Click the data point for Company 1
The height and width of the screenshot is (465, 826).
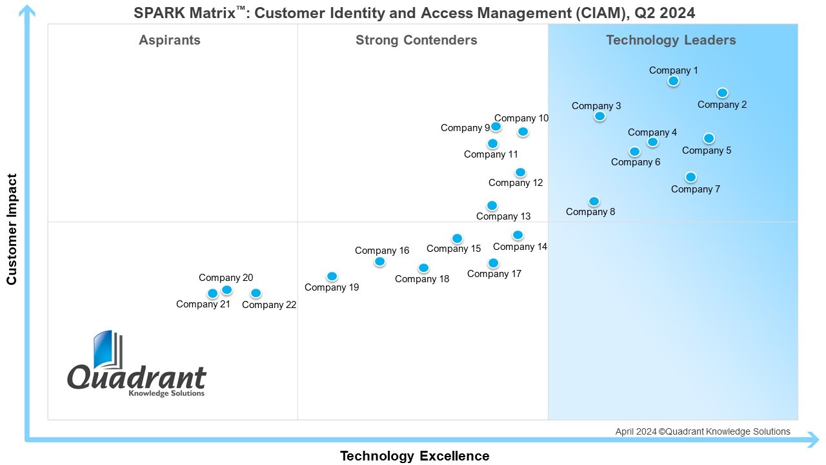[673, 81]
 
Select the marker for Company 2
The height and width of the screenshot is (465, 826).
[722, 93]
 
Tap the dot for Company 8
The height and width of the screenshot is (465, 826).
[594, 201]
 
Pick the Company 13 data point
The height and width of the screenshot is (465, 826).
[492, 205]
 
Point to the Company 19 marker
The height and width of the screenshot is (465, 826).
[332, 276]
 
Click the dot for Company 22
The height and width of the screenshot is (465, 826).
[256, 293]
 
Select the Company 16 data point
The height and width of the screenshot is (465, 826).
[379, 262]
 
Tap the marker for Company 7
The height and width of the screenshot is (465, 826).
[690, 177]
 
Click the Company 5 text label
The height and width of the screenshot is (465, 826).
[707, 150]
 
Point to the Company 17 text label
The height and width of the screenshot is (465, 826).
[494, 274]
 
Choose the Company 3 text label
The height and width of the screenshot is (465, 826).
[596, 106]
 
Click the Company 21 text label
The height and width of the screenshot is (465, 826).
[203, 304]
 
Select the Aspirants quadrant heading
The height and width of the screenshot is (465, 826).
[170, 40]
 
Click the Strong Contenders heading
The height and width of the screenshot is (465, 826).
[416, 40]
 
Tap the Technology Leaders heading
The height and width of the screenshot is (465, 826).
[670, 40]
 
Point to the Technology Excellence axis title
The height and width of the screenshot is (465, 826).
[414, 456]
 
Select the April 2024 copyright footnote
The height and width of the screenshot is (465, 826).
[702, 431]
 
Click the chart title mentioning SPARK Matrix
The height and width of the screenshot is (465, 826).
[414, 12]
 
